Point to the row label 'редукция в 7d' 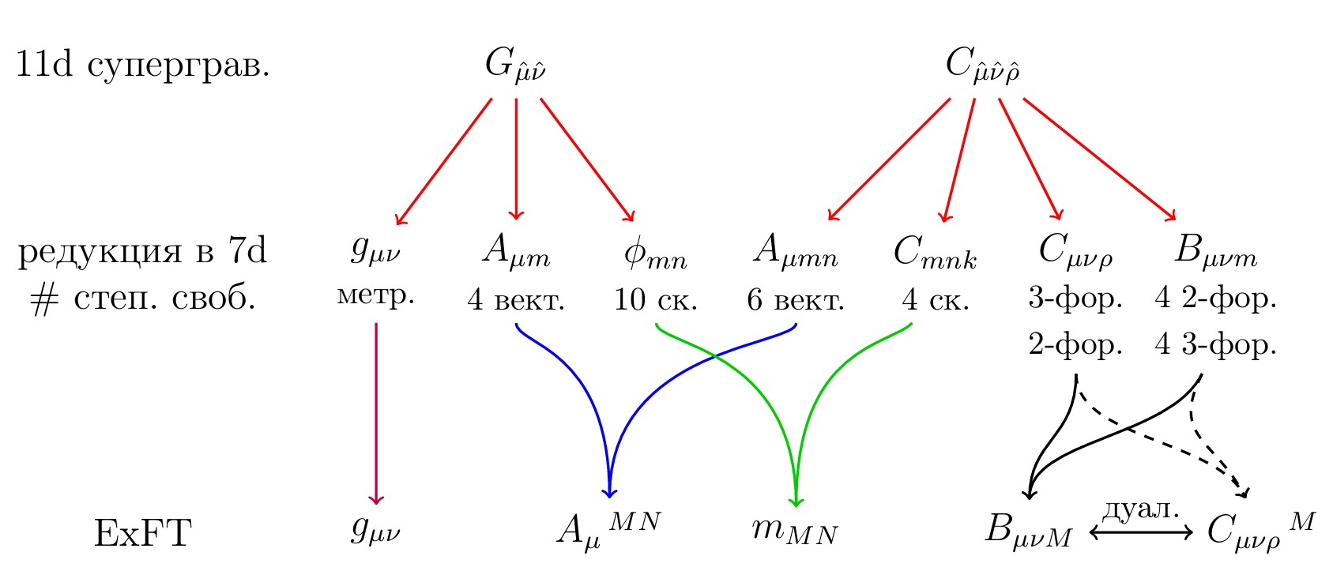(143, 251)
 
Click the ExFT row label (143, 533)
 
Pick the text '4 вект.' (516, 300)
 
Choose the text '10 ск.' (656, 300)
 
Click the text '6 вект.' (796, 300)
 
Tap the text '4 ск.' (936, 300)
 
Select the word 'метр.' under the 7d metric (376, 296)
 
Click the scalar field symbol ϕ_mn (655, 254)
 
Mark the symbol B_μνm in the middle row (1215, 253)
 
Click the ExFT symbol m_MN (794, 531)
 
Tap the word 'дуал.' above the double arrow (1140, 510)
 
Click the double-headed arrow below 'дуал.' (1141, 533)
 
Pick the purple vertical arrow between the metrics (376, 411)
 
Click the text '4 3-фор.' (1215, 345)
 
